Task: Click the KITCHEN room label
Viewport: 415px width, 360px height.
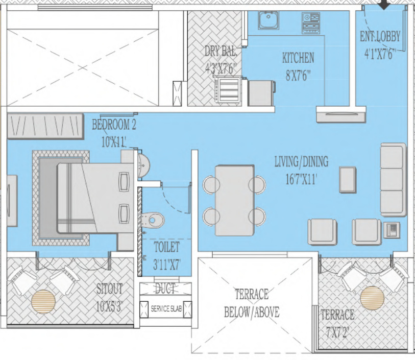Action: coord(298,58)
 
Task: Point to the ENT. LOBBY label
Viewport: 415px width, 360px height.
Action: coord(380,37)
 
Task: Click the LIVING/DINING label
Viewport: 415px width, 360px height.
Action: coord(301,162)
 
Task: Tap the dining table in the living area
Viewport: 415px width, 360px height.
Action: coord(234,200)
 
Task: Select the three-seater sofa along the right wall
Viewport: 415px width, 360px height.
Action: coord(392,180)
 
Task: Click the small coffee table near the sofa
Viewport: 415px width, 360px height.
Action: coord(348,179)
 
